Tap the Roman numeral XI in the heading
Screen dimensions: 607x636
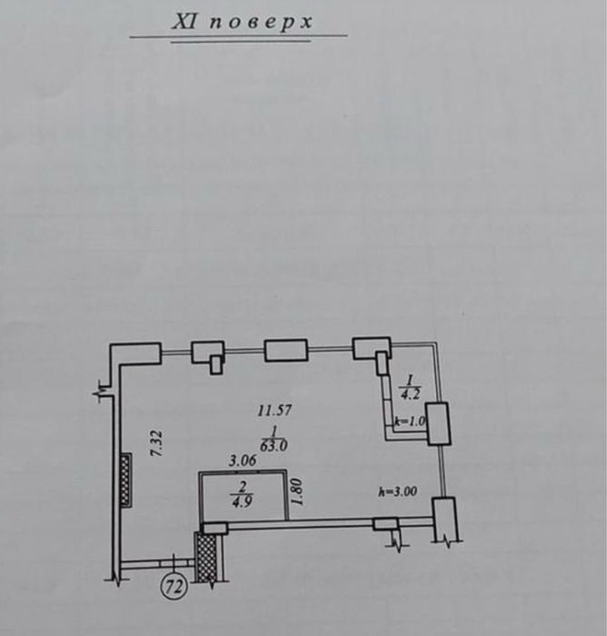[x=186, y=22]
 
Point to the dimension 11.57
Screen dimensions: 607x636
[x=274, y=411]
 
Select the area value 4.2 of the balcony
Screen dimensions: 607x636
[x=410, y=394]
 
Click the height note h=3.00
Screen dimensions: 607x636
[x=397, y=492]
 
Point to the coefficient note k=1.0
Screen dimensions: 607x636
[x=410, y=422]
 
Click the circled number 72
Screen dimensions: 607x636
[x=174, y=586]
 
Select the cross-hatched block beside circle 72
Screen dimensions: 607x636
[x=209, y=555]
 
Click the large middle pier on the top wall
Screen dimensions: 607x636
[x=285, y=351]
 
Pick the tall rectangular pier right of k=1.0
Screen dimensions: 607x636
[x=439, y=422]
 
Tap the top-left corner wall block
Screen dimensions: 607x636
[x=135, y=353]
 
